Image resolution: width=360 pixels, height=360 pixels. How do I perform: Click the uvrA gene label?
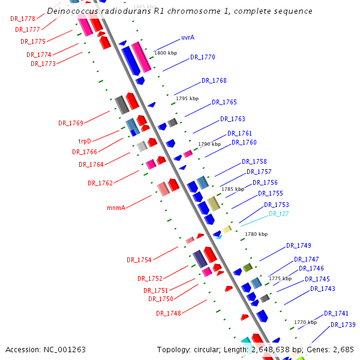[187, 37]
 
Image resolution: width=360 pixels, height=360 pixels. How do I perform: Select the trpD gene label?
[85, 141]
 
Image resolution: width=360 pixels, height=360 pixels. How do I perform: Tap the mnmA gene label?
[116, 208]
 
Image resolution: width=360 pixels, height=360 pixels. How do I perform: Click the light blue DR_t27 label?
[279, 214]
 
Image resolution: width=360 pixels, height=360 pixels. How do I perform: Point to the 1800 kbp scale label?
[166, 53]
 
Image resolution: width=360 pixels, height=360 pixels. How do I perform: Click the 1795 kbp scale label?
[187, 98]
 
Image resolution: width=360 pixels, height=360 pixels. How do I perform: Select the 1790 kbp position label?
[209, 144]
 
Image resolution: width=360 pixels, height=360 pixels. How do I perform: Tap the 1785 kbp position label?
[233, 188]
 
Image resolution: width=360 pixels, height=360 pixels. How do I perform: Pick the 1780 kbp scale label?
[256, 234]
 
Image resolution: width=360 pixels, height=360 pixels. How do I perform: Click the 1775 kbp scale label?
[280, 278]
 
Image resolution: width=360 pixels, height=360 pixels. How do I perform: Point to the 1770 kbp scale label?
[305, 322]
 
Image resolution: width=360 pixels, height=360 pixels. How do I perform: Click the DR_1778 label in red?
[23, 19]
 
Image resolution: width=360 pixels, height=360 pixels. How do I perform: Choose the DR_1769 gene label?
[71, 123]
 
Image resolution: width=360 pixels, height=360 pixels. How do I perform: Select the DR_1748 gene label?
[169, 313]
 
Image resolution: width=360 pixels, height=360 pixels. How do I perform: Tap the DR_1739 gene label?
[343, 325]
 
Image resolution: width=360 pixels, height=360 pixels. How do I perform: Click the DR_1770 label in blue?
[203, 58]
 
